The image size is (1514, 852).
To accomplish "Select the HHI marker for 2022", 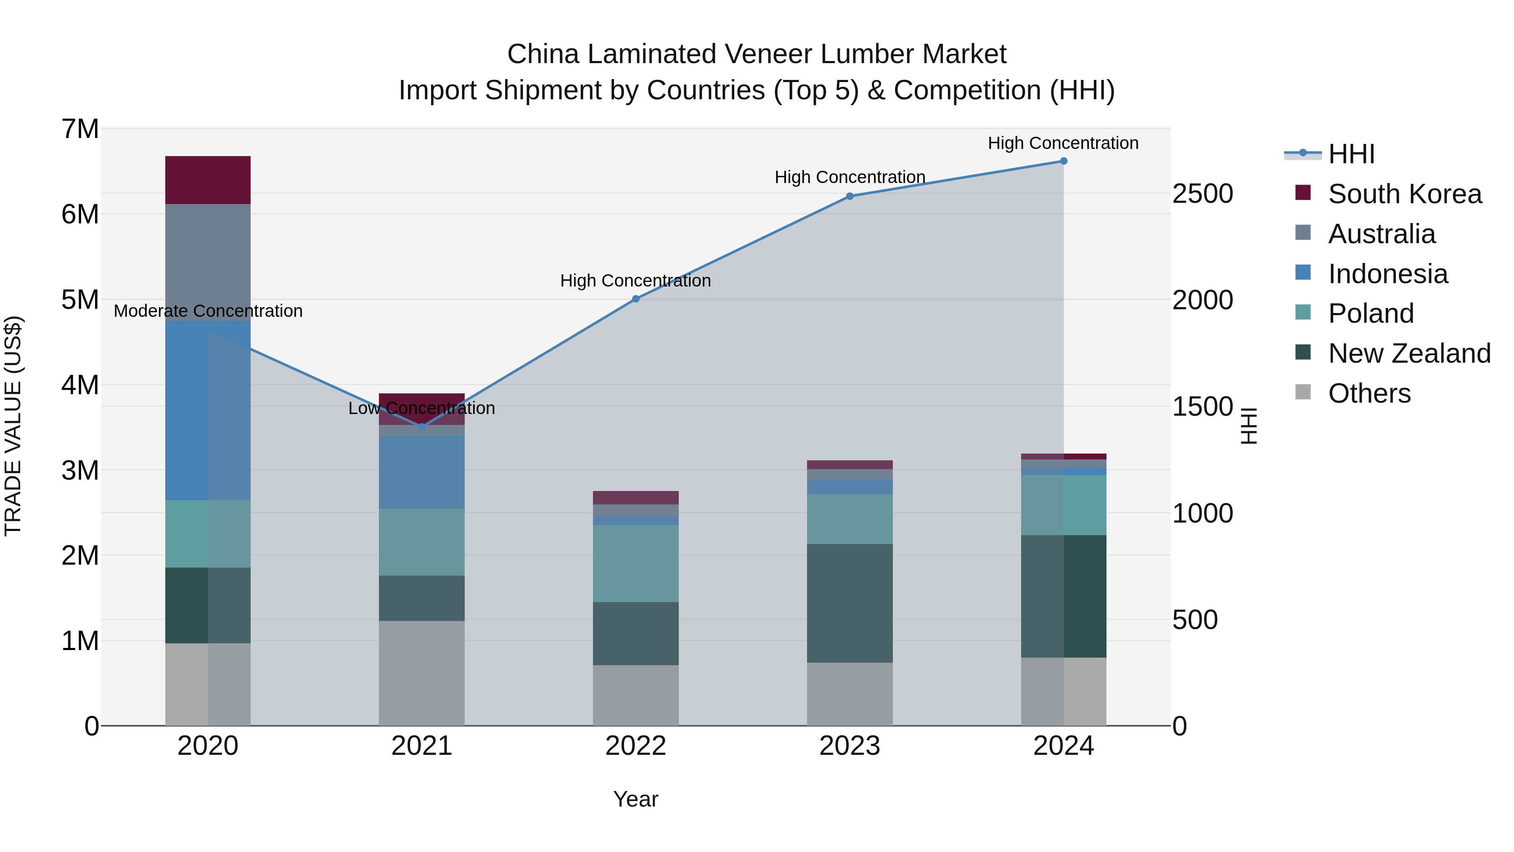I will (635, 299).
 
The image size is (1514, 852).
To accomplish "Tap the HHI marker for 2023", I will (849, 196).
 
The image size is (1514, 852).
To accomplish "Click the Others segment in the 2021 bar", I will (421, 673).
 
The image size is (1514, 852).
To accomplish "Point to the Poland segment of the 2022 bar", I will (635, 563).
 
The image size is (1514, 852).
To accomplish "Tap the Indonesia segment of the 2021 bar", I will (421, 472).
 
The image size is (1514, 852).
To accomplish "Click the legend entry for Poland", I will (1371, 313).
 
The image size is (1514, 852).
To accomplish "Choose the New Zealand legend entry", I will (1409, 353).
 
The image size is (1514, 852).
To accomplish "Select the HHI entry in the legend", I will (1350, 154).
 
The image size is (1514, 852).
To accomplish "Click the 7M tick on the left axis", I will (80, 129).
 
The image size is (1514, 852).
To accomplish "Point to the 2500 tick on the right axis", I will (1202, 194).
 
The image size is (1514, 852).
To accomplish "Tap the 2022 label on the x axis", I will (635, 746).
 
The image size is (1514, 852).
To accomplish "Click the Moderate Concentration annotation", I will (208, 311).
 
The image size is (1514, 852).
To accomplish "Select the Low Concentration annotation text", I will (421, 408).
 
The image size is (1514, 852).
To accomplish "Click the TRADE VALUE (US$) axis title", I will (13, 426).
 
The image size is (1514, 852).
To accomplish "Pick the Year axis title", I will (635, 799).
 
